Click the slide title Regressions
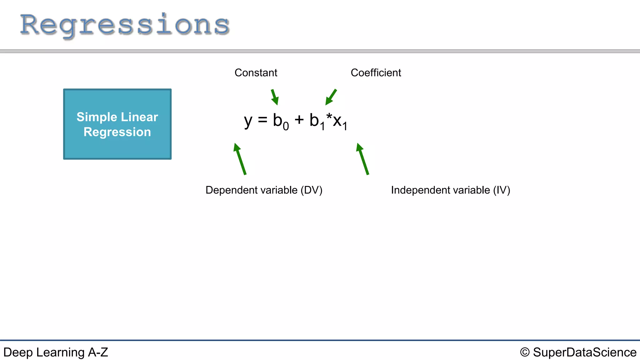click(x=125, y=25)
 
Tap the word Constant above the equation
click(x=256, y=72)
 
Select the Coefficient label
click(x=376, y=72)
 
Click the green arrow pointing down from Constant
click(x=274, y=97)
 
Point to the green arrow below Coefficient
click(x=331, y=97)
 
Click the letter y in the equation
click(x=248, y=121)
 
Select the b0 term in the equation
click(x=280, y=121)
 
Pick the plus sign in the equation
click(x=299, y=120)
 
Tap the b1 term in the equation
click(x=317, y=121)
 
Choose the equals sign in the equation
click(x=262, y=120)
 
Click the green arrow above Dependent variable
click(x=240, y=159)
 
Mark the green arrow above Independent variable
click(x=362, y=159)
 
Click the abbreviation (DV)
click(x=311, y=190)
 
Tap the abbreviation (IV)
click(x=501, y=190)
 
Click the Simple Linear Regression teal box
click(x=117, y=124)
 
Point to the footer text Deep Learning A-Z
click(x=56, y=352)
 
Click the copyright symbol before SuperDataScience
click(x=525, y=352)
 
